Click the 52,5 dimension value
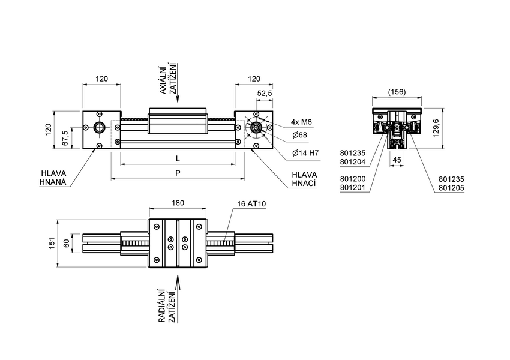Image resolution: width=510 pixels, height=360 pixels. point(265,94)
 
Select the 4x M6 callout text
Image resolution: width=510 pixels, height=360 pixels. point(301,122)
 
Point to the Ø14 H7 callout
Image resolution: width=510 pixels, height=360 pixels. point(305,153)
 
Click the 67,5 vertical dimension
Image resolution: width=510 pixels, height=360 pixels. point(65,137)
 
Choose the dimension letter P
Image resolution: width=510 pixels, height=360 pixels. point(177,172)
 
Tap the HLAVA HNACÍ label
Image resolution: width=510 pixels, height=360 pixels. point(304,179)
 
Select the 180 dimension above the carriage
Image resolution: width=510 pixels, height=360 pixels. point(178,203)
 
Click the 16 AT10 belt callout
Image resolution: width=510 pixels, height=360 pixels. point(251,204)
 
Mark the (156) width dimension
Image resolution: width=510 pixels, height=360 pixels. point(397,92)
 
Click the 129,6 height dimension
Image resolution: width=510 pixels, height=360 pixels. point(436,128)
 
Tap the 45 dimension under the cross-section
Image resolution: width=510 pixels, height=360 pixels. point(397,160)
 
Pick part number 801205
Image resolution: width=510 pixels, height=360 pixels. point(451,188)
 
